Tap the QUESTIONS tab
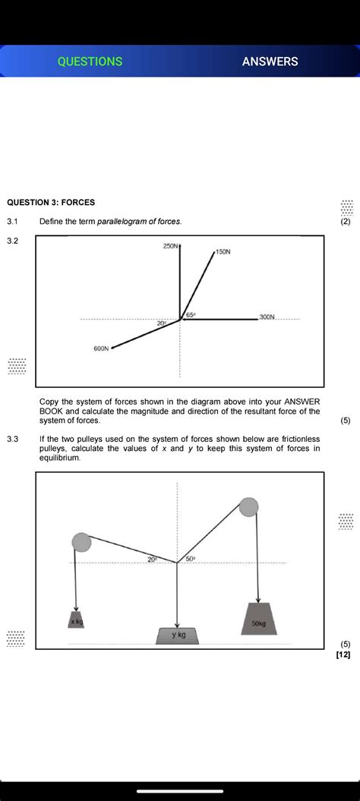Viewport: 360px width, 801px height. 90,61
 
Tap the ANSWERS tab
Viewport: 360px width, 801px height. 270,61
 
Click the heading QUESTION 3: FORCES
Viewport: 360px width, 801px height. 51,203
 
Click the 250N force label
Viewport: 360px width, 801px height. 170,247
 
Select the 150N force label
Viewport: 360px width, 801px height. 223,251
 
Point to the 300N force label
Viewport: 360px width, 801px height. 267,316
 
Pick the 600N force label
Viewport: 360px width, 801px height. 101,349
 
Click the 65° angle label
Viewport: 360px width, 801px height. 191,314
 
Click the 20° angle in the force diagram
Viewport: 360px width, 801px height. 162,323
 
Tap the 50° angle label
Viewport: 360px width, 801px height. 191,559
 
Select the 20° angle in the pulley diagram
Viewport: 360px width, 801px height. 153,559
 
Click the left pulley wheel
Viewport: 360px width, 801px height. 81,542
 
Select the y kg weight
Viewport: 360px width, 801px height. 178,635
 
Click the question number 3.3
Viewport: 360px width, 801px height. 13,439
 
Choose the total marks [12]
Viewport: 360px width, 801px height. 343,654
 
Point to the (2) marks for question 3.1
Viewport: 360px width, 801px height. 346,222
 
